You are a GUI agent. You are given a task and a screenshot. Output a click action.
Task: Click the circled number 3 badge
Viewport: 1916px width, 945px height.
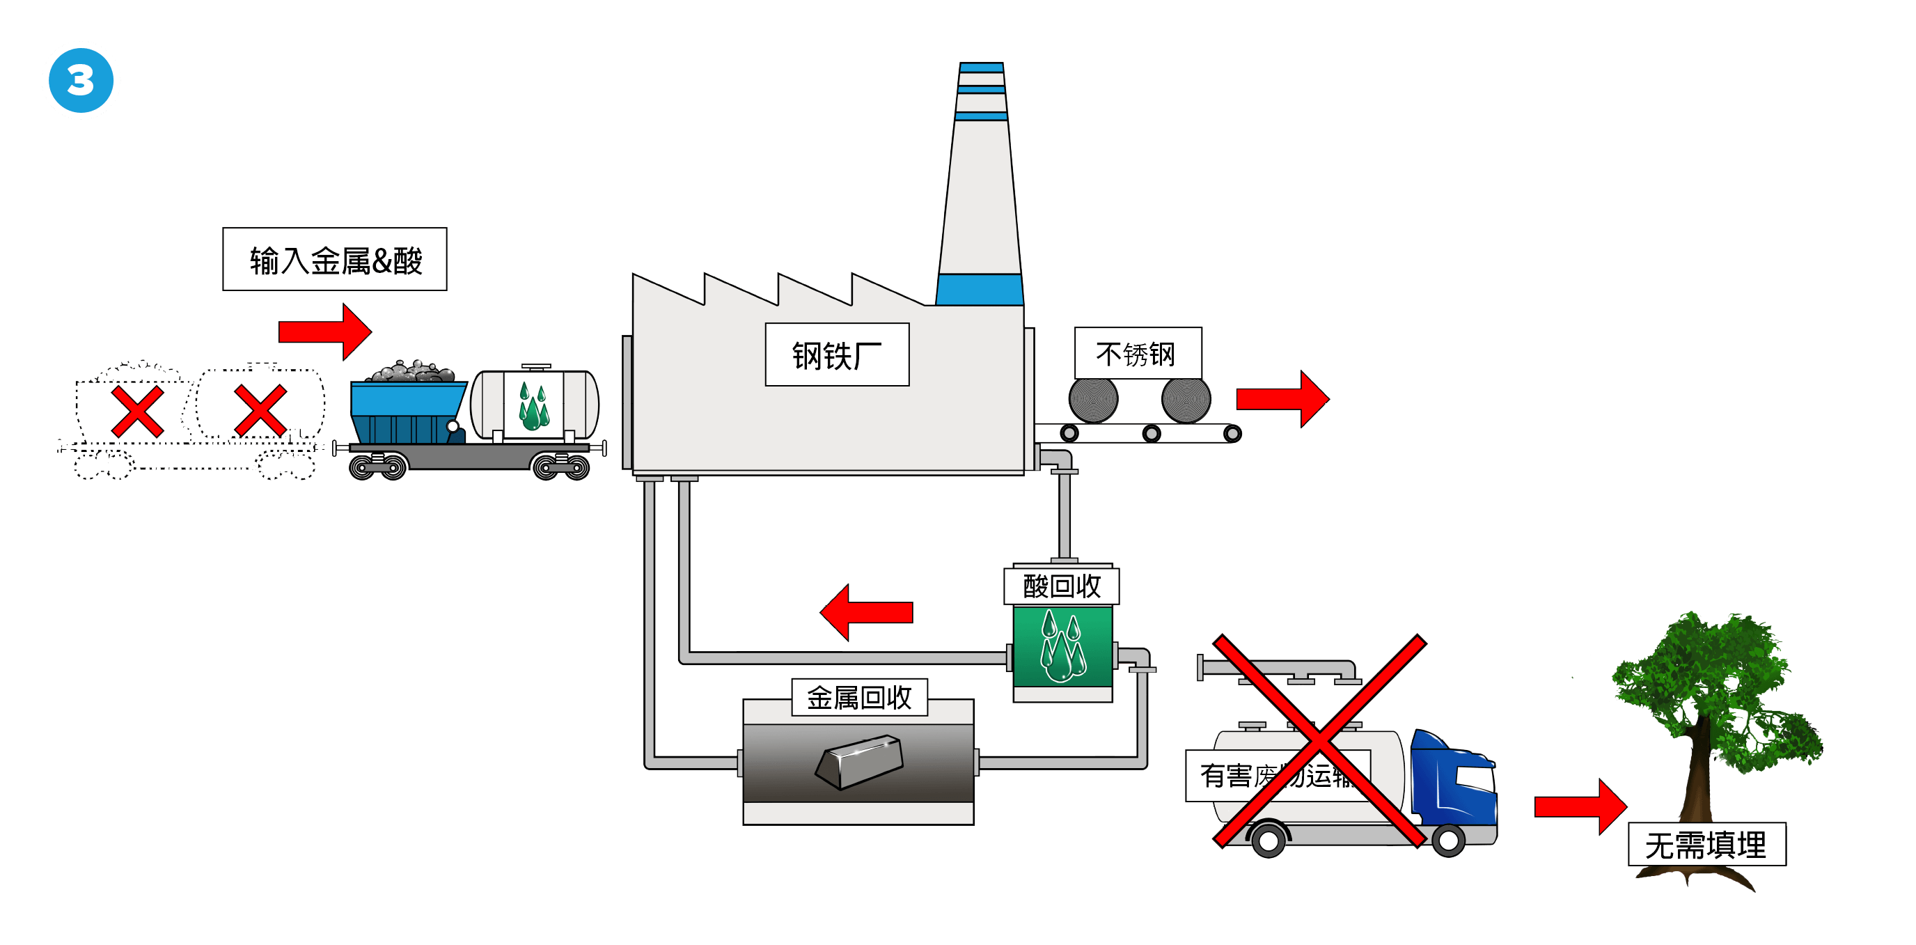(81, 80)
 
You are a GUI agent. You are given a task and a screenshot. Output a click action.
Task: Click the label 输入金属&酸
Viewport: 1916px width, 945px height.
(335, 260)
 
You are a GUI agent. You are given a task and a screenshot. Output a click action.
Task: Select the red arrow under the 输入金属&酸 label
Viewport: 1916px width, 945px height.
(324, 331)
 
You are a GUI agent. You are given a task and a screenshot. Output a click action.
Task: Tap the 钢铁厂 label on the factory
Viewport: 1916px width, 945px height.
(837, 355)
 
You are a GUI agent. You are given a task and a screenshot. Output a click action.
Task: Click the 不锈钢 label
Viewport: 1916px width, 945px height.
(1136, 354)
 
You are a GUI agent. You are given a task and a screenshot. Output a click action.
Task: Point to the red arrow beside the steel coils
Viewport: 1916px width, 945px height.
(1282, 399)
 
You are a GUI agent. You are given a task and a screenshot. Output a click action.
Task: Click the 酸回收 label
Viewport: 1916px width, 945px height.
(1061, 586)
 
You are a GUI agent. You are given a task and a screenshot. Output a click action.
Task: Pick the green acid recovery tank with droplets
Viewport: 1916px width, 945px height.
(1063, 646)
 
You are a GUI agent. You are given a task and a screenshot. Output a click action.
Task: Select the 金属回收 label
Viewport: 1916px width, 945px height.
(859, 698)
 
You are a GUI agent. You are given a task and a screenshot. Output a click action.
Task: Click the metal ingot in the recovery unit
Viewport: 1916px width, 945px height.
(859, 760)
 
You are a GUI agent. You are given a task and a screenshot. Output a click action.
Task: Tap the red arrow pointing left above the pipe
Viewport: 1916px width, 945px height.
(867, 612)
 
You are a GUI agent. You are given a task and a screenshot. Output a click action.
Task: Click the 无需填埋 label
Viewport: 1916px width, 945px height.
(1706, 845)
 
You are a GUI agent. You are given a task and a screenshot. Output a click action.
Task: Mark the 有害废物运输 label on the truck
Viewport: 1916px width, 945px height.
(1275, 776)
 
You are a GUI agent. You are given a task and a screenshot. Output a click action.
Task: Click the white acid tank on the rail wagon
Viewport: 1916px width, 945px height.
(535, 405)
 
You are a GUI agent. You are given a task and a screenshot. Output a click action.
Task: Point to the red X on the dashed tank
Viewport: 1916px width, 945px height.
(260, 411)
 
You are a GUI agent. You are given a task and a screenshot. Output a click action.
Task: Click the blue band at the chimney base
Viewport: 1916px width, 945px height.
(980, 290)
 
